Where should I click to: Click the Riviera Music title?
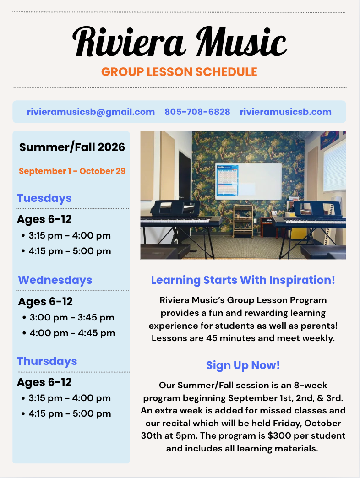[180, 42]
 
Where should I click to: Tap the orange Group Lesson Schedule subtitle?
[179, 72]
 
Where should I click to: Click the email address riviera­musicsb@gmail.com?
[91, 112]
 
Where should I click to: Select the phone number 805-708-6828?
[197, 112]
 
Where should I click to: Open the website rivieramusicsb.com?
[286, 112]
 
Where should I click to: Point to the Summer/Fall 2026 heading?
[72, 147]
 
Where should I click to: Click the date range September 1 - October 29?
[72, 171]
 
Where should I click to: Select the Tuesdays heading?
[44, 198]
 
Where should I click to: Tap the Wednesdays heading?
[55, 280]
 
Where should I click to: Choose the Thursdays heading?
[47, 361]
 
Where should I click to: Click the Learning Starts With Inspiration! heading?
[243, 280]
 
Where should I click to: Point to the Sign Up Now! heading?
[243, 365]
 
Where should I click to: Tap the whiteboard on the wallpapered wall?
[248, 181]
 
